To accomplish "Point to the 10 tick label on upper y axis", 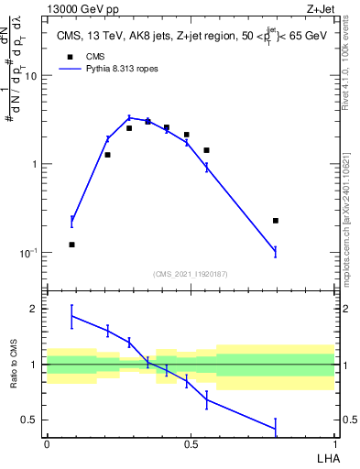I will pos(29,76).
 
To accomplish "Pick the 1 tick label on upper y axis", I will pos(34,164).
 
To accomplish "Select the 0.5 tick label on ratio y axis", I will pos(29,420).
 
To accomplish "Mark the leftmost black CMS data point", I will pos(72,245).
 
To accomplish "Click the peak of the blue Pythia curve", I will pos(129,117).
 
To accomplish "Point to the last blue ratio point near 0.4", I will pos(275,428).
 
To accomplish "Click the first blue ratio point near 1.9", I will pos(72,316).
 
